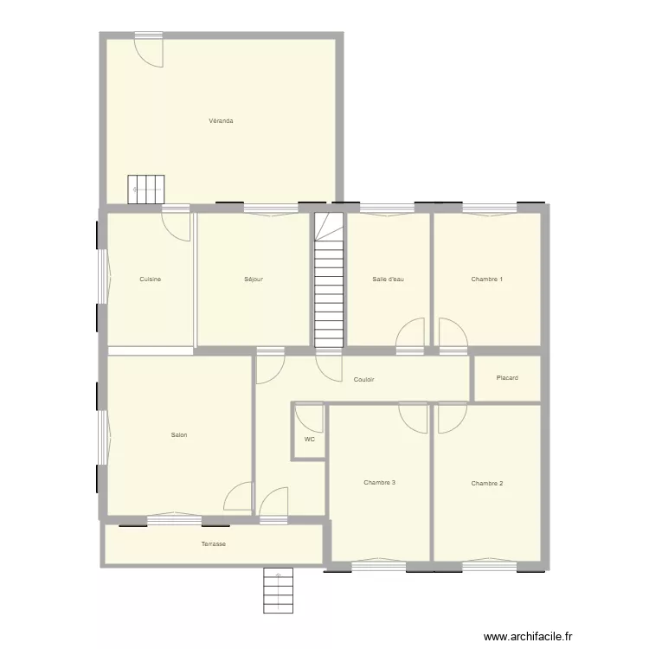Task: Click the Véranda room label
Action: (221, 121)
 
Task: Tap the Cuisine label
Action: (151, 280)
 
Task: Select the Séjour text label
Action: (254, 280)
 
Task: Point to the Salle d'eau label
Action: (389, 280)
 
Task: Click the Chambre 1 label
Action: (487, 280)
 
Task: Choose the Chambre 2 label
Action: (487, 483)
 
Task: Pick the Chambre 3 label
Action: (380, 483)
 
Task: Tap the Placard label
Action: (507, 378)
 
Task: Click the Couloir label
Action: (363, 380)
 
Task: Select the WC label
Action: (309, 440)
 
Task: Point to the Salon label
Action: (179, 435)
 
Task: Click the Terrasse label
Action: (214, 544)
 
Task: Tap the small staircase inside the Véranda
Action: (146, 189)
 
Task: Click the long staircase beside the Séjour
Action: (329, 281)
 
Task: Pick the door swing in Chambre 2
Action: (450, 419)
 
